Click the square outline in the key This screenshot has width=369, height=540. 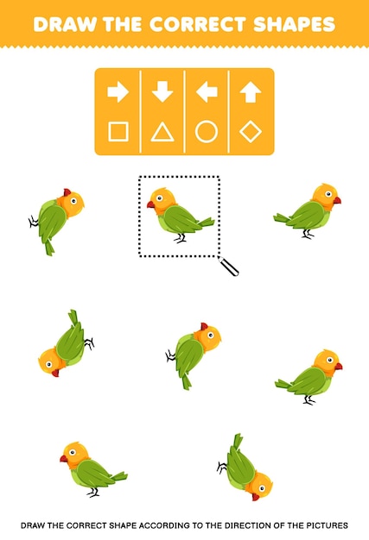(118, 132)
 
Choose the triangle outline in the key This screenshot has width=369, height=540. (162, 132)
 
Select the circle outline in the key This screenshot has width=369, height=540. (206, 132)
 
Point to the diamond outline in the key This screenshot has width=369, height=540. (250, 132)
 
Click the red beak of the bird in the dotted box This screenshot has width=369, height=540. (150, 205)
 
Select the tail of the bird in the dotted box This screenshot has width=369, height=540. (205, 223)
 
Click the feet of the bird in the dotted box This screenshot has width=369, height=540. (181, 237)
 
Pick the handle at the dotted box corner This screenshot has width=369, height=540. (230, 267)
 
